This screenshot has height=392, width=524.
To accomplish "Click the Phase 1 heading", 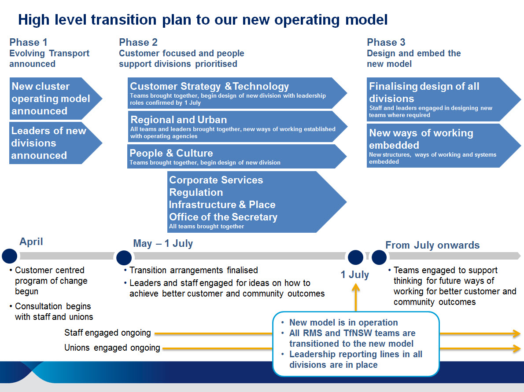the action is point(29,42).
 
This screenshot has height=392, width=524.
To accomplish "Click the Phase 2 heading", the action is point(138,42).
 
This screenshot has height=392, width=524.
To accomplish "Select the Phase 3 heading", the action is point(386,42).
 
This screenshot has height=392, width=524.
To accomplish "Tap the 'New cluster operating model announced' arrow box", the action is point(55,99).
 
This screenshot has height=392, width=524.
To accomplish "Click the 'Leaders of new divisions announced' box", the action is point(55,143).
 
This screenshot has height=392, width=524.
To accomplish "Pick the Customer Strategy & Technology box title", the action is point(209,87).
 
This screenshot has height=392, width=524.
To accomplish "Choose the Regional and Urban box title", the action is point(178,120).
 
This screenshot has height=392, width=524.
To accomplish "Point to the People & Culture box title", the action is point(171,153).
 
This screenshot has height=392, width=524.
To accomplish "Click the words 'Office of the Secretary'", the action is point(223,217).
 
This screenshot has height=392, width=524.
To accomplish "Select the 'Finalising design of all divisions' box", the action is point(443,99).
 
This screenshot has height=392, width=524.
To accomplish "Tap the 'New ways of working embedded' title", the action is point(421,139).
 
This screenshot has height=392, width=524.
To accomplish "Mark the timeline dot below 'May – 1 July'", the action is point(124,258).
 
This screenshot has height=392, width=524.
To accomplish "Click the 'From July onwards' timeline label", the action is point(432,245).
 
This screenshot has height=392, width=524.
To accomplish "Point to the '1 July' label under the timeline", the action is point(355,275).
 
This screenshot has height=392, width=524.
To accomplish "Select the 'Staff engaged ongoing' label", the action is point(107,333).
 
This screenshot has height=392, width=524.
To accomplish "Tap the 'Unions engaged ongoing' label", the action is point(112,348).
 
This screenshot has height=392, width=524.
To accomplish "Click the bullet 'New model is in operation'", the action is point(343,322).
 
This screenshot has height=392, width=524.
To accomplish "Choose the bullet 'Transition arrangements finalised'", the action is point(193,270).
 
